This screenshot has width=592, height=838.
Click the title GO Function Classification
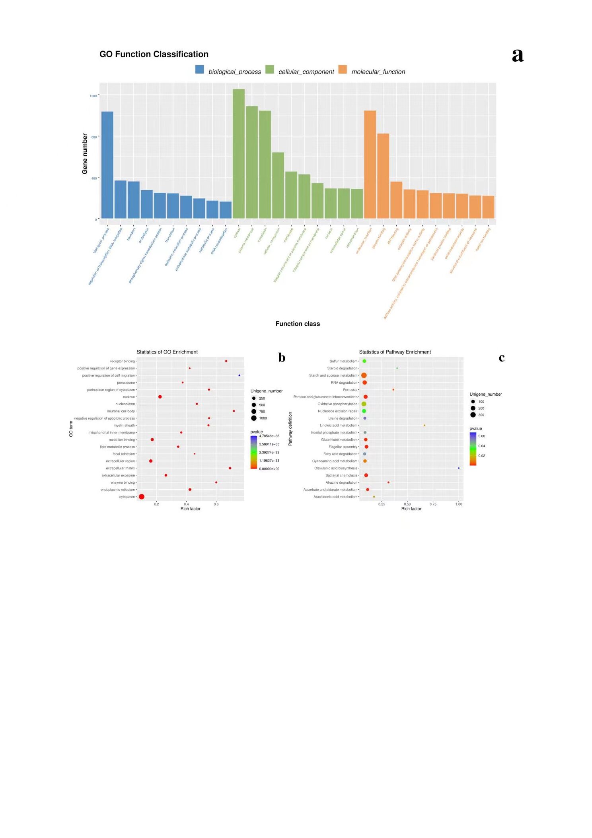coord(154,54)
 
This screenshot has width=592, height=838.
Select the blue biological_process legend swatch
coord(199,70)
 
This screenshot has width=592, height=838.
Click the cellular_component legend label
coord(306,72)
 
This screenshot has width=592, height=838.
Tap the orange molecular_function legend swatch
coord(343,70)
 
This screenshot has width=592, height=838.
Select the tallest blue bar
coord(107,165)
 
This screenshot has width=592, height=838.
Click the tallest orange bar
coord(370,164)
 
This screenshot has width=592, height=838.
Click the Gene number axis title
coord(85,154)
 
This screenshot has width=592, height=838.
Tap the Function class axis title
coord(298,324)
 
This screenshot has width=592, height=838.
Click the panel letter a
coord(517,55)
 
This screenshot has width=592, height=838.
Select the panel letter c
coord(501,357)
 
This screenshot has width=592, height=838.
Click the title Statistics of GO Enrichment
coord(167,352)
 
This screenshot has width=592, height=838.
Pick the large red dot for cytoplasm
coord(142,496)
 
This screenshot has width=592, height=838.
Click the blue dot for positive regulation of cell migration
coord(239,375)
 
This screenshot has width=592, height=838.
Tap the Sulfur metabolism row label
coord(343,361)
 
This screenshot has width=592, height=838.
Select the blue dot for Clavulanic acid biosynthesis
coord(459,468)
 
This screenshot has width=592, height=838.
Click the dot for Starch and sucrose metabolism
coord(364,375)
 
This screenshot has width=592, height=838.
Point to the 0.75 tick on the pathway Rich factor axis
coord(433,504)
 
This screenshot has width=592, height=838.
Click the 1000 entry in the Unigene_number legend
coord(263,418)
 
